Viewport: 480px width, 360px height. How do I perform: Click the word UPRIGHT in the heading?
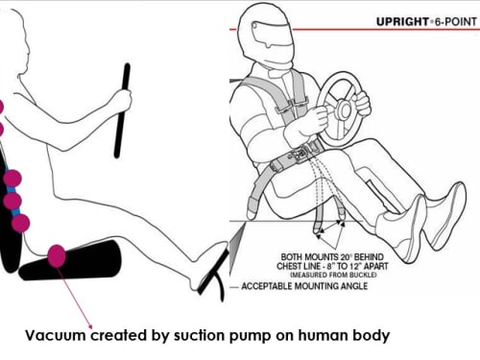[402, 22]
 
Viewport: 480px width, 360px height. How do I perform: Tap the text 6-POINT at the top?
[455, 22]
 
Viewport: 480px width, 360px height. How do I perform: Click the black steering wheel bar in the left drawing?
[122, 110]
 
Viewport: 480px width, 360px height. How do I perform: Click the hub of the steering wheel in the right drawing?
[345, 108]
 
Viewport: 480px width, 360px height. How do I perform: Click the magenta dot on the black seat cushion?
[57, 255]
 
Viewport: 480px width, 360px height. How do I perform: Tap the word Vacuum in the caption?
[55, 336]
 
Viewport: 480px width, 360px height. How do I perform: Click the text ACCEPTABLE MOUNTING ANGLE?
[304, 286]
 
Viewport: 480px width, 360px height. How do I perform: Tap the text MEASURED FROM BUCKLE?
[333, 275]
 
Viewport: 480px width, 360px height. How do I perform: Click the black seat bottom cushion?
[70, 260]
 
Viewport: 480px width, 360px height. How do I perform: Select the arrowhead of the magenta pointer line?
[90, 326]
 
